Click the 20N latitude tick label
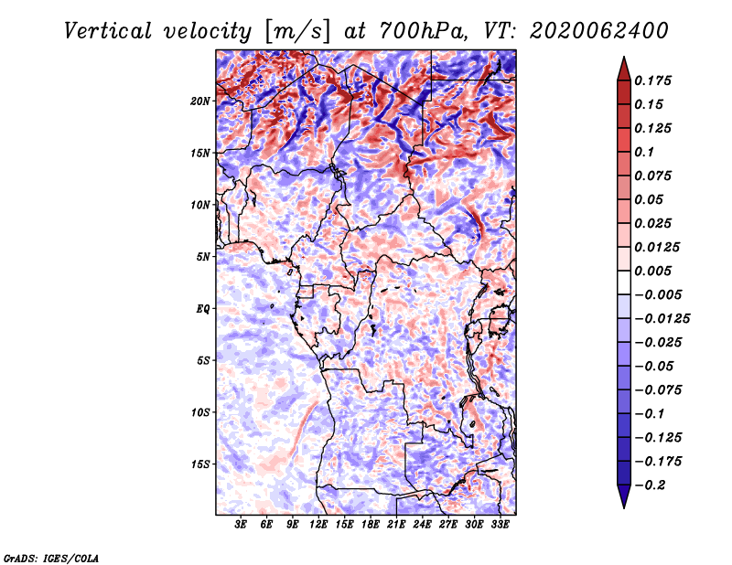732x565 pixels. pyautogui.click(x=200, y=101)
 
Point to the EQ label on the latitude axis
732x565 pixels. pyautogui.click(x=203, y=309)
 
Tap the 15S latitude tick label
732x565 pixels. pyautogui.click(x=200, y=464)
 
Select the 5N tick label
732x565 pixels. pyautogui.click(x=203, y=257)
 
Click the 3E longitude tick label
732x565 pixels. pyautogui.click(x=241, y=525)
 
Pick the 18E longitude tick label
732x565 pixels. pyautogui.click(x=371, y=525)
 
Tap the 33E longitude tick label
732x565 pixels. pyautogui.click(x=500, y=525)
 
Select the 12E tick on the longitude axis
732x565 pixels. pyautogui.click(x=318, y=525)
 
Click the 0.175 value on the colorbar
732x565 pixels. pyautogui.click(x=652, y=80)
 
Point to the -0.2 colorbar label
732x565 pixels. pyautogui.click(x=650, y=485)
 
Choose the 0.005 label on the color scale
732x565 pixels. pyautogui.click(x=652, y=271)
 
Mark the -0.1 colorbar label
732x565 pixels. pyautogui.click(x=650, y=414)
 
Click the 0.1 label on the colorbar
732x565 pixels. pyautogui.click(x=644, y=152)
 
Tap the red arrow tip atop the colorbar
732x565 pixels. pyautogui.click(x=624, y=58)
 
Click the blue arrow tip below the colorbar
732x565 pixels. pyautogui.click(x=624, y=506)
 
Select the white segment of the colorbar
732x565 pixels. pyautogui.click(x=624, y=282)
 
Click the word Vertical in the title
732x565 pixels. pyautogui.click(x=108, y=31)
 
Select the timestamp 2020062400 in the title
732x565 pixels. pyautogui.click(x=599, y=31)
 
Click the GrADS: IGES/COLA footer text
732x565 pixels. pyautogui.click(x=51, y=558)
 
